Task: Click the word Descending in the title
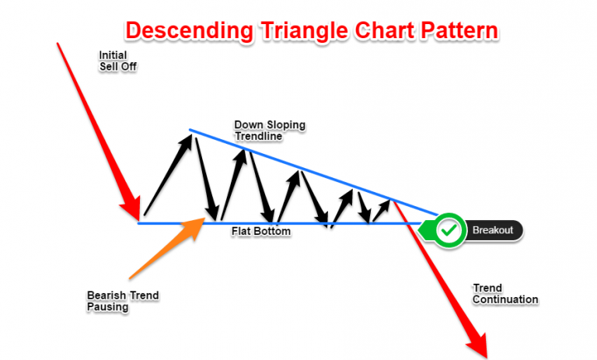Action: pyautogui.click(x=189, y=31)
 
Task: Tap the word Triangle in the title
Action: pyautogui.click(x=304, y=31)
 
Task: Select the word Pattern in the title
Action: pyautogui.click(x=459, y=30)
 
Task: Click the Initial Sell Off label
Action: pyautogui.click(x=117, y=61)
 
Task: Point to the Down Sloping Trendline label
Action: pyautogui.click(x=270, y=131)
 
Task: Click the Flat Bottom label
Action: pyautogui.click(x=261, y=231)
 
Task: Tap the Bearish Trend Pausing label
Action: pyautogui.click(x=123, y=301)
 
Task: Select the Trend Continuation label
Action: pyautogui.click(x=505, y=294)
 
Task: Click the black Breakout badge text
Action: pyautogui.click(x=493, y=230)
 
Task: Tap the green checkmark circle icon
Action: pyautogui.click(x=449, y=230)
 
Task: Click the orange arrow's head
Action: pyautogui.click(x=194, y=227)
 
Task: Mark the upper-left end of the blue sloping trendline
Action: pyautogui.click(x=190, y=131)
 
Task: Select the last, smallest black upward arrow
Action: pyautogui.click(x=381, y=210)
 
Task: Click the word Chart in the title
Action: pyautogui.click(x=384, y=30)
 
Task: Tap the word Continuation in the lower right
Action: pyautogui.click(x=505, y=299)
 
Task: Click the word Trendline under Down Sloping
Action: pyautogui.click(x=259, y=136)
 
